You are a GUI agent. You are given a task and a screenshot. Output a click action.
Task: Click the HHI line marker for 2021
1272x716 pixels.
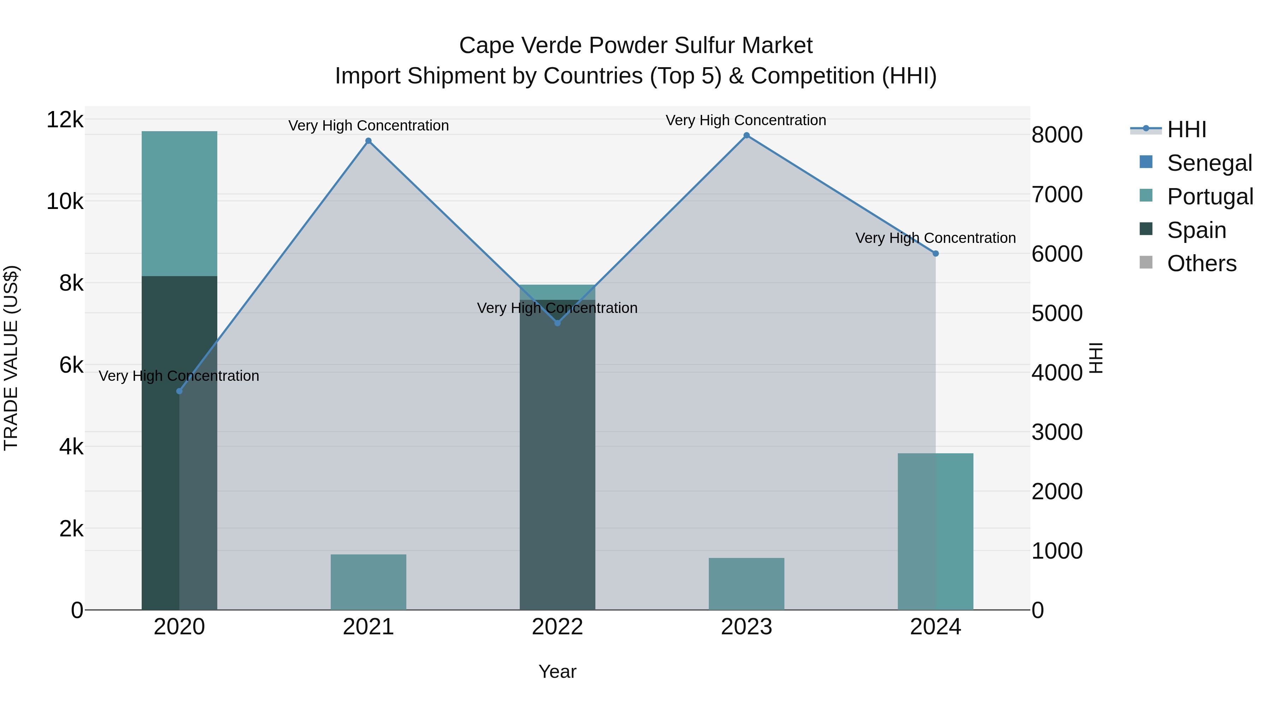[369, 141]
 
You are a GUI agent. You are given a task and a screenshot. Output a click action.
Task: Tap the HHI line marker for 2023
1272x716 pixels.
[747, 135]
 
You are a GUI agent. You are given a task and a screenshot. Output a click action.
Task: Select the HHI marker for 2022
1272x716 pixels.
[558, 323]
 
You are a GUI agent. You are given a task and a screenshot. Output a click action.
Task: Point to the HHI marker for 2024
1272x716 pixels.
[936, 254]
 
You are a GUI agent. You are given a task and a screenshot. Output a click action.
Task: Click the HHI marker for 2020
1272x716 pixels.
[179, 391]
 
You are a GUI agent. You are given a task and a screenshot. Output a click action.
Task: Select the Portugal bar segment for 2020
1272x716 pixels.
[179, 204]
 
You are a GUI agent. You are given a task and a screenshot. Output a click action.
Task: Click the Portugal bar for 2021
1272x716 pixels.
[369, 582]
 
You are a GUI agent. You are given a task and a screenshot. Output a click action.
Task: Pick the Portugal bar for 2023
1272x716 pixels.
[747, 584]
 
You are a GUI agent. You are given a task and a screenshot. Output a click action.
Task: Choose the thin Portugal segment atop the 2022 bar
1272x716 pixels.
[558, 292]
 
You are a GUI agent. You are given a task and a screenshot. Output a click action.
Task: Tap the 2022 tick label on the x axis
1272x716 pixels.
[558, 627]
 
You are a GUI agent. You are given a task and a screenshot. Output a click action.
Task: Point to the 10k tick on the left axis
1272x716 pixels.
[65, 202]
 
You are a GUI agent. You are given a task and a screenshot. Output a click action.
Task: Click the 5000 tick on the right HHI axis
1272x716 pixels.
[1057, 313]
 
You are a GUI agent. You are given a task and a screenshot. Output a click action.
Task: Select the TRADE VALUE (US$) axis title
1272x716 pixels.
[11, 358]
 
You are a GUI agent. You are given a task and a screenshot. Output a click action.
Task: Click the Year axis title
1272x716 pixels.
[558, 671]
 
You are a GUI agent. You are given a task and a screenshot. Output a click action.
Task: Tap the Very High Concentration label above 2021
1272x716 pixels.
[369, 126]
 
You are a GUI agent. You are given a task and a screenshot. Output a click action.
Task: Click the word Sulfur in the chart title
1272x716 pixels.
[704, 46]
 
